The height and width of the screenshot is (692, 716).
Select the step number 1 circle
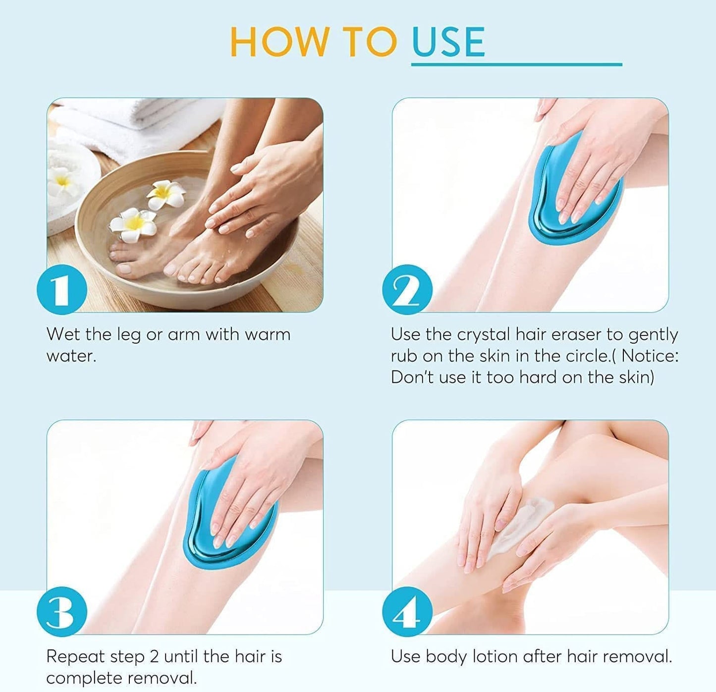pos(62,290)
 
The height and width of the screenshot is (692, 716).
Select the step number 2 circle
pos(407,290)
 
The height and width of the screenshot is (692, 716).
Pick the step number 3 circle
pos(62,612)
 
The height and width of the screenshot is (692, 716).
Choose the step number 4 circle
pos(407,612)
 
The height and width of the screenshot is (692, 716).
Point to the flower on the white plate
pos(62,181)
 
